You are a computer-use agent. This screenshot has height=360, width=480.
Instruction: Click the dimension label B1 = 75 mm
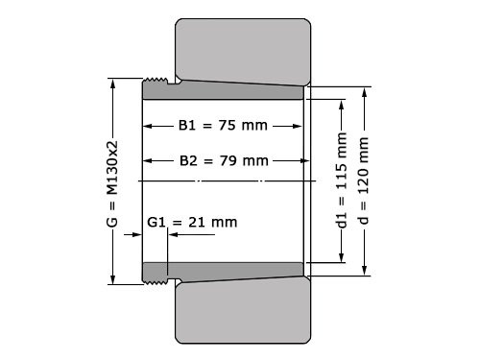[223, 126]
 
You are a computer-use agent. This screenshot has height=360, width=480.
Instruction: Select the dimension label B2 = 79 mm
[223, 159]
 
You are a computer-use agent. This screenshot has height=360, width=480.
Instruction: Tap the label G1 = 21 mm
[192, 222]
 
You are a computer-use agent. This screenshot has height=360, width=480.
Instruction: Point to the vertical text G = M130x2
[112, 180]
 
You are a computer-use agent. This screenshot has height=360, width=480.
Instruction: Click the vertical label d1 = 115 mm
[342, 181]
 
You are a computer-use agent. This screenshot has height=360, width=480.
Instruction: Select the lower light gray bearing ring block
[243, 311]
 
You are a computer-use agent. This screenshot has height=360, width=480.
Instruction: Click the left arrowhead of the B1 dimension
[147, 126]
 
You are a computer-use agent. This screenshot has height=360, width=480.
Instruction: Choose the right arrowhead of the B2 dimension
[301, 159]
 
